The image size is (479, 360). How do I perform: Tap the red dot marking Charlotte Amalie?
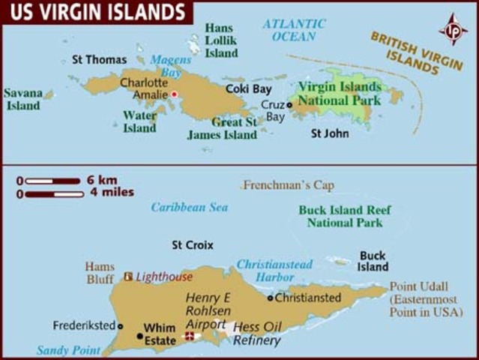[174, 94]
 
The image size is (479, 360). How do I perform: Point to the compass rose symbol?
[453, 29]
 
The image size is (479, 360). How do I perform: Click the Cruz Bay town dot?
[289, 105]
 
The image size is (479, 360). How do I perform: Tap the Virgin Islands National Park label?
[339, 93]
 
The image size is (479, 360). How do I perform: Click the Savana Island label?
[22, 100]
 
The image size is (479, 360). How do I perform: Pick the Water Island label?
[139, 121]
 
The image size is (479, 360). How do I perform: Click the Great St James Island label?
[223, 128]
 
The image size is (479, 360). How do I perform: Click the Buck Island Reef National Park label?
[340, 216]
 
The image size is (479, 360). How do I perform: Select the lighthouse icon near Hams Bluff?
[128, 276]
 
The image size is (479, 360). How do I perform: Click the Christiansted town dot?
[271, 298]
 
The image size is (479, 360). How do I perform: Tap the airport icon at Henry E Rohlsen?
[190, 336]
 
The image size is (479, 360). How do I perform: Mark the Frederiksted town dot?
[119, 326]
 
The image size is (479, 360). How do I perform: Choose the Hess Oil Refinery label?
[257, 333]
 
